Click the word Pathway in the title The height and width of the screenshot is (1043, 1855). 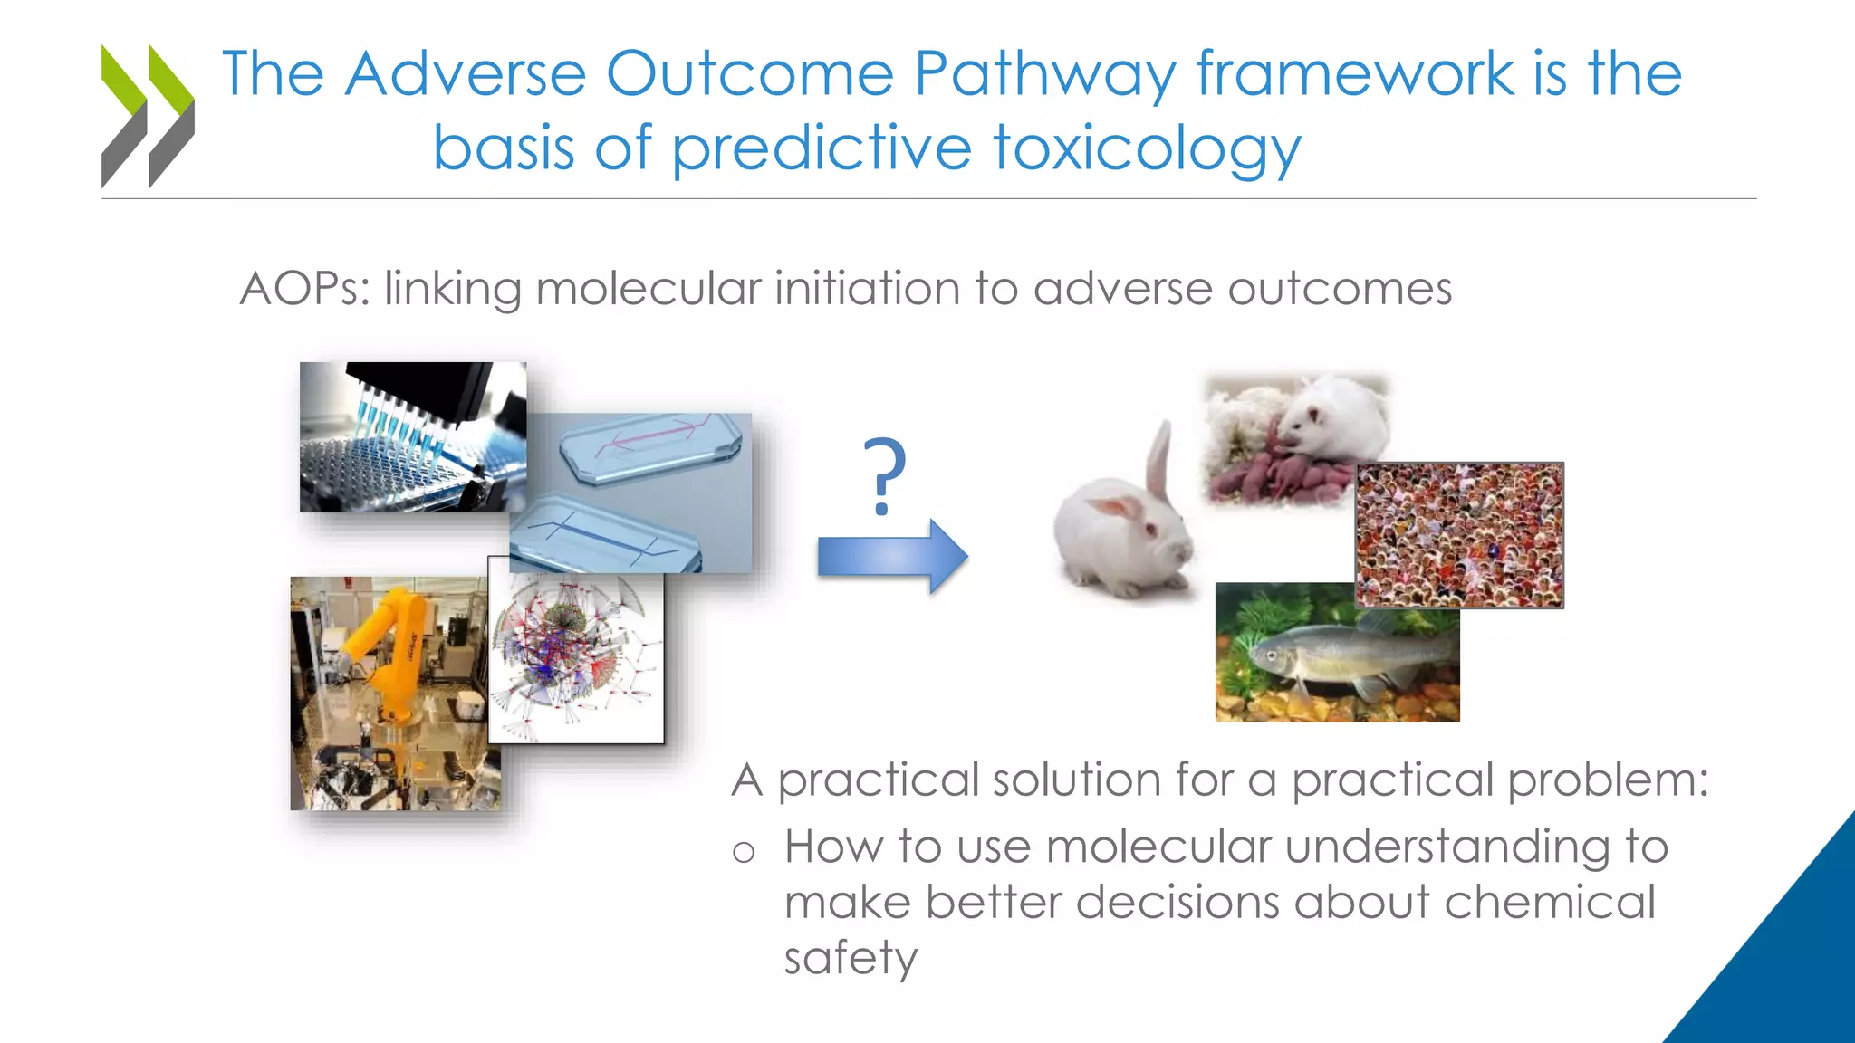[1045, 74]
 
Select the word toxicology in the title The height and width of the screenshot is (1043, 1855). [1147, 149]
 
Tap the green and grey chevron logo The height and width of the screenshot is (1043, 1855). [148, 115]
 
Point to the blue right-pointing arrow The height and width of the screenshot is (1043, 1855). [892, 556]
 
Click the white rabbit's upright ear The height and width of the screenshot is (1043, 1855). [1158, 462]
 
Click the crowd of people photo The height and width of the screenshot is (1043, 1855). [1459, 534]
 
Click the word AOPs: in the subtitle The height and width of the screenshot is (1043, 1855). [305, 290]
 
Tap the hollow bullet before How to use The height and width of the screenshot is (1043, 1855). [744, 852]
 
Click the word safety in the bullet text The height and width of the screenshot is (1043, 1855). [851, 958]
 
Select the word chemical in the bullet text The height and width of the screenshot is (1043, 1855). [1549, 903]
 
